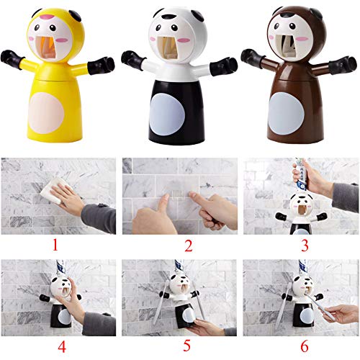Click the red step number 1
[55, 245]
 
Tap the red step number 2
[189, 246]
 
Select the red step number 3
[305, 246]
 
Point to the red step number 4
[62, 347]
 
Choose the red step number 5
[186, 346]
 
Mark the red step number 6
[305, 346]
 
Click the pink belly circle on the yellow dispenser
[46, 113]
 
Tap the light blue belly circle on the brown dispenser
[287, 113]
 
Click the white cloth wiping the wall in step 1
[53, 189]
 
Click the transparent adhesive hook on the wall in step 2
[177, 189]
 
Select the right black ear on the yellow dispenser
[76, 15]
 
